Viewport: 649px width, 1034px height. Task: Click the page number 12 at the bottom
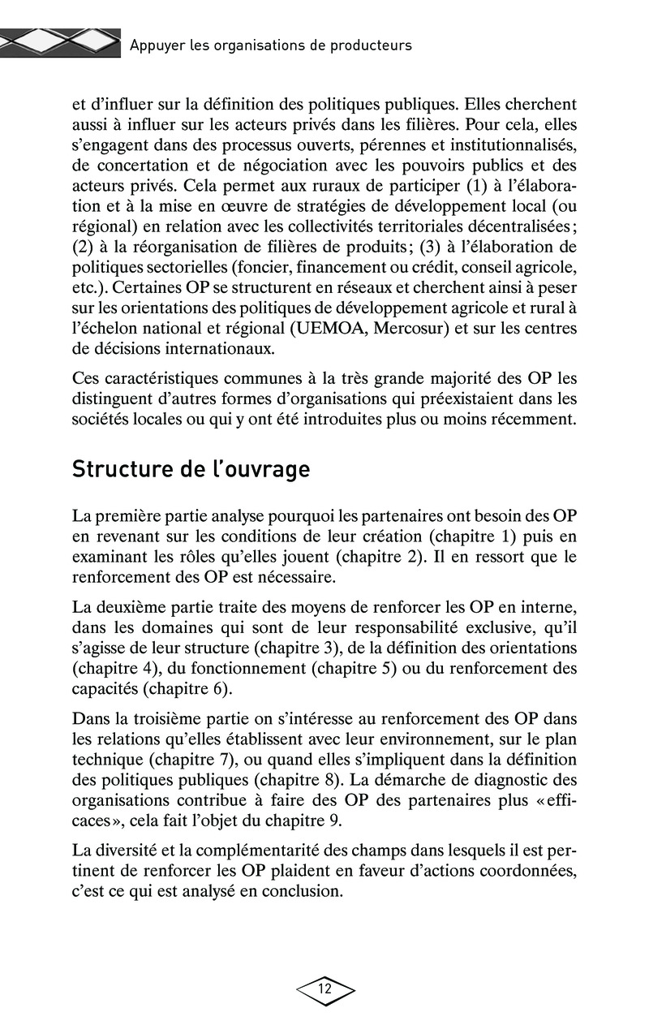click(325, 989)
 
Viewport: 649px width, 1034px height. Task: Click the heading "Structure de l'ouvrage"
click(191, 470)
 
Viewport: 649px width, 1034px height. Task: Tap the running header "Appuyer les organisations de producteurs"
click(271, 45)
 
